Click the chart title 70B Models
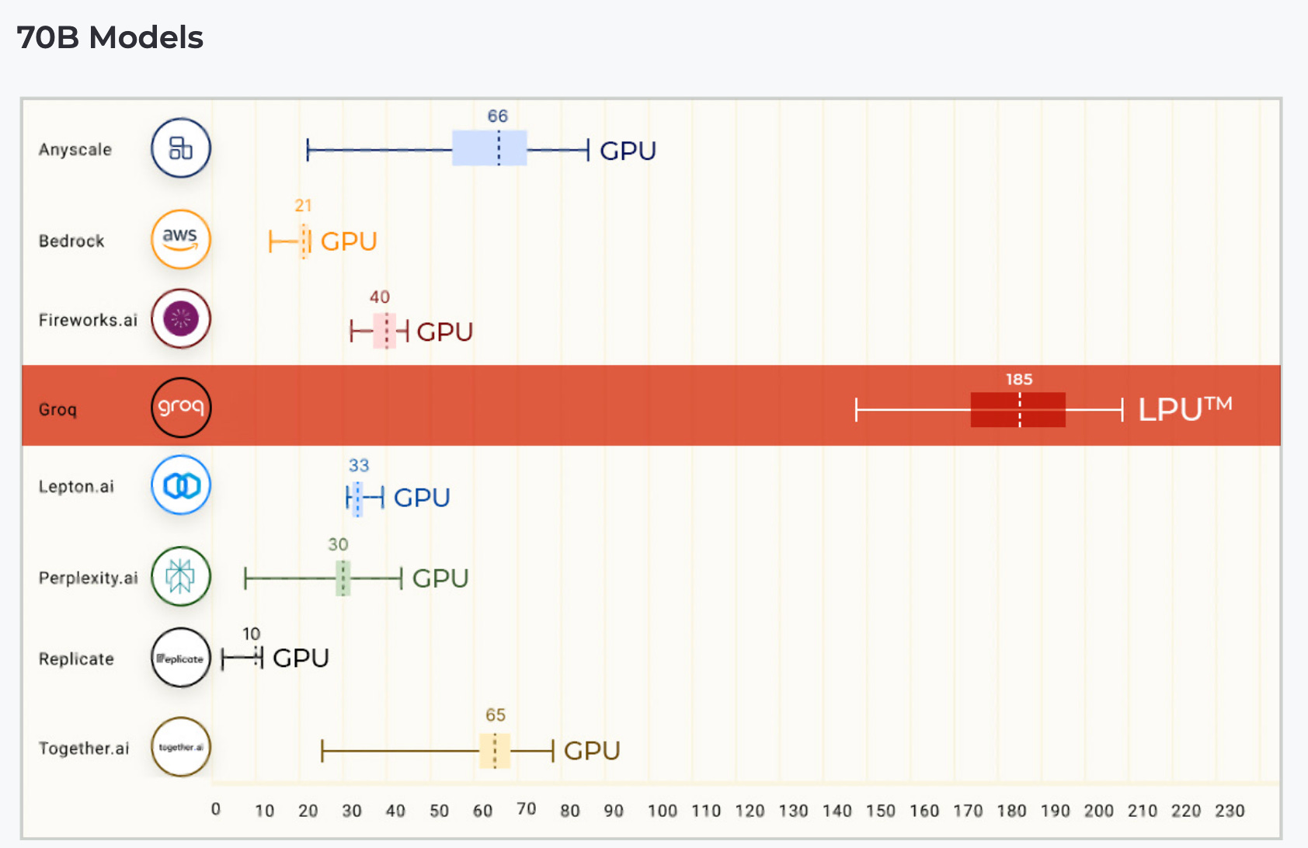click(x=110, y=37)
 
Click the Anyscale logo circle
click(x=181, y=148)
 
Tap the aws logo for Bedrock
click(x=181, y=239)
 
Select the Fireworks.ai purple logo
click(x=181, y=318)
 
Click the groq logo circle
click(x=181, y=408)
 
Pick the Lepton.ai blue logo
click(x=181, y=485)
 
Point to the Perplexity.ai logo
click(x=181, y=576)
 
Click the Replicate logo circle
click(x=181, y=658)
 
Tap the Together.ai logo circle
click(x=181, y=747)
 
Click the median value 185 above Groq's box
click(x=1019, y=379)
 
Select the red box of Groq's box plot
click(x=1018, y=409)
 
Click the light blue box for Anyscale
click(x=489, y=148)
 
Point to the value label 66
click(x=497, y=116)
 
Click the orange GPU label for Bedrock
click(x=349, y=242)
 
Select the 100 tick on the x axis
click(x=663, y=811)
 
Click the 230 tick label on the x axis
click(x=1230, y=811)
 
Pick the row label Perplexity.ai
click(x=88, y=578)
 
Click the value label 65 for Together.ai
click(x=496, y=715)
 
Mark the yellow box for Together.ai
click(x=495, y=750)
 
